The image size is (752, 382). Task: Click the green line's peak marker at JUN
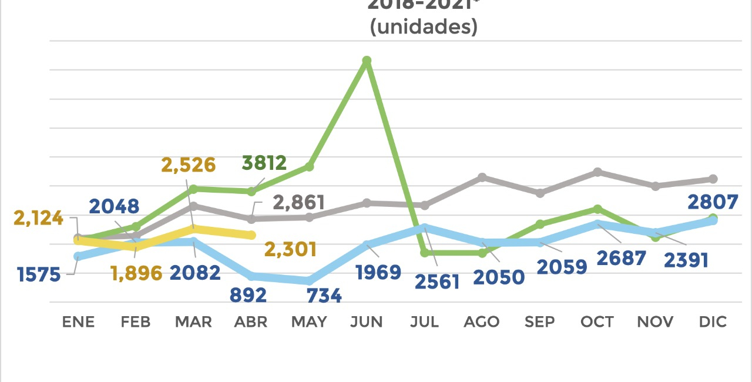pyautogui.click(x=367, y=61)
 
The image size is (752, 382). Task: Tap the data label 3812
pyautogui.click(x=264, y=163)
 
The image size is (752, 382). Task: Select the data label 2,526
pyautogui.click(x=188, y=165)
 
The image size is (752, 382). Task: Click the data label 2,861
pyautogui.click(x=299, y=203)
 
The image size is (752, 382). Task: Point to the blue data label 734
pyautogui.click(x=324, y=295)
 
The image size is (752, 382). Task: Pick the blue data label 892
pyautogui.click(x=248, y=294)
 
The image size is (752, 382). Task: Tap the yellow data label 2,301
pyautogui.click(x=291, y=249)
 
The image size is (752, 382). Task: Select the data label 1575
pyautogui.click(x=39, y=274)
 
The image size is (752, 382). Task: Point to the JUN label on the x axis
pyautogui.click(x=366, y=322)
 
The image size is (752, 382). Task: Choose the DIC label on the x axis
pyautogui.click(x=713, y=322)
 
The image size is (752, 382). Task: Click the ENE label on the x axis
pyautogui.click(x=78, y=322)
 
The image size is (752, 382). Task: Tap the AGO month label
pyautogui.click(x=482, y=322)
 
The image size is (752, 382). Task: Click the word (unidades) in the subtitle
pyautogui.click(x=424, y=27)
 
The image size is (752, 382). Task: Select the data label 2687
pyautogui.click(x=622, y=257)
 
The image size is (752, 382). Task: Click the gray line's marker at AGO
pyautogui.click(x=482, y=177)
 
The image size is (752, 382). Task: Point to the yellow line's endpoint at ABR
pyautogui.click(x=251, y=235)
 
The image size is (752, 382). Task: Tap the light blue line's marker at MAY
pyautogui.click(x=310, y=281)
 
